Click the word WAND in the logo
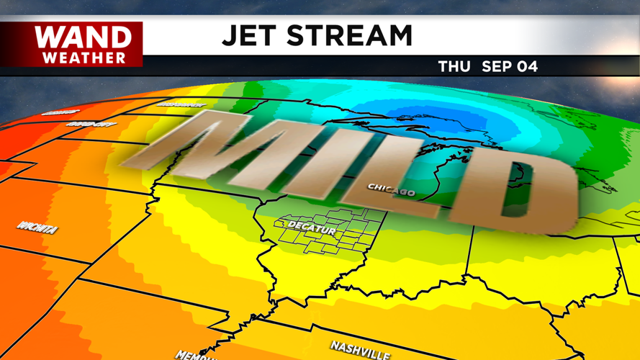pyautogui.click(x=84, y=37)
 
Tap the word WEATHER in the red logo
pyautogui.click(x=84, y=58)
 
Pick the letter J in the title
pyautogui.click(x=230, y=35)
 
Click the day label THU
pyautogui.click(x=454, y=67)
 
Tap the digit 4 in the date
pyautogui.click(x=532, y=67)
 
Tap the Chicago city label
pyautogui.click(x=391, y=190)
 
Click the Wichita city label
pyautogui.click(x=37, y=229)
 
